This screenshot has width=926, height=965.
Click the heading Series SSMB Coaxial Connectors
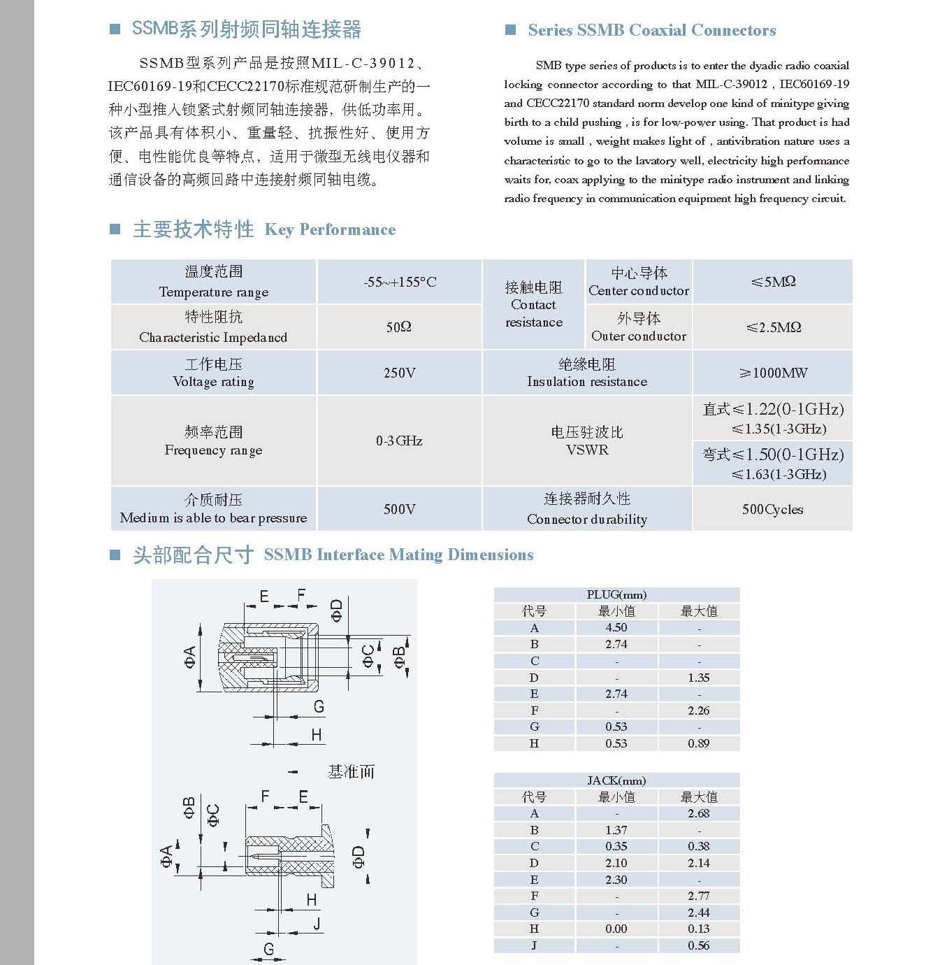click(651, 30)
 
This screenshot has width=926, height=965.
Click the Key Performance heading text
click(330, 229)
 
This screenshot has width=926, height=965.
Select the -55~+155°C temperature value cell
click(400, 282)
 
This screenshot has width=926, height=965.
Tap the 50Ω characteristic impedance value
click(399, 327)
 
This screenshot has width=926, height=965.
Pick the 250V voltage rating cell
click(400, 373)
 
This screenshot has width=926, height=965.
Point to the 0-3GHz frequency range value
click(399, 441)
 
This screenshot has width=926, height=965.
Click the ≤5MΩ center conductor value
click(773, 282)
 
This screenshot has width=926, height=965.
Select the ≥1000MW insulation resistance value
click(773, 373)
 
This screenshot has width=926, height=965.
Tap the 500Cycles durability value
click(772, 509)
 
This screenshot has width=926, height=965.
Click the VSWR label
click(587, 450)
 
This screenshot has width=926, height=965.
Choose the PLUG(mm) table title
click(616, 594)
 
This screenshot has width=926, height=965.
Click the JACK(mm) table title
click(616, 780)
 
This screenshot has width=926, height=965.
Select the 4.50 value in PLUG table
click(616, 627)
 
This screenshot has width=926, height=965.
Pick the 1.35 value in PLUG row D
click(698, 678)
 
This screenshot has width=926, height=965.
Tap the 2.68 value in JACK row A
click(698, 813)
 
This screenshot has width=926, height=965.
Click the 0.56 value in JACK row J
click(698, 945)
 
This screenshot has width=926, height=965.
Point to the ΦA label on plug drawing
click(189, 657)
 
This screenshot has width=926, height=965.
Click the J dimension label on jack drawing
click(317, 923)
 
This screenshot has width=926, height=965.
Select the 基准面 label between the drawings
click(351, 771)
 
